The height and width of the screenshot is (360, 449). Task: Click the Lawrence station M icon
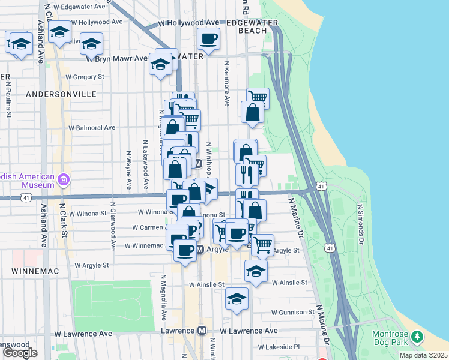pyautogui.click(x=202, y=331)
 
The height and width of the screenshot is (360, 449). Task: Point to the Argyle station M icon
pyautogui.click(x=202, y=249)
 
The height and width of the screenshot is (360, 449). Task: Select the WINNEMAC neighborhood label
pyautogui.click(x=34, y=271)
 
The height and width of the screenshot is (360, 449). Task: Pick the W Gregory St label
pyautogui.click(x=85, y=77)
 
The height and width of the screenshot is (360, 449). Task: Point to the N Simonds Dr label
pyautogui.click(x=361, y=224)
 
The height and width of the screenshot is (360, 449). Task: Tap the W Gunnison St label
pyautogui.click(x=292, y=313)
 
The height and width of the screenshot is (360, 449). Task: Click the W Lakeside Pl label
pyautogui.click(x=279, y=347)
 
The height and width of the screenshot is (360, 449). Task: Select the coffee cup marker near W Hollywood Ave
pyautogui.click(x=209, y=40)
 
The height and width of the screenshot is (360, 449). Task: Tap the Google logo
pyautogui.click(x=20, y=352)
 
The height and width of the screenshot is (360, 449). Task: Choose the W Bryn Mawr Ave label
pyautogui.click(x=117, y=59)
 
